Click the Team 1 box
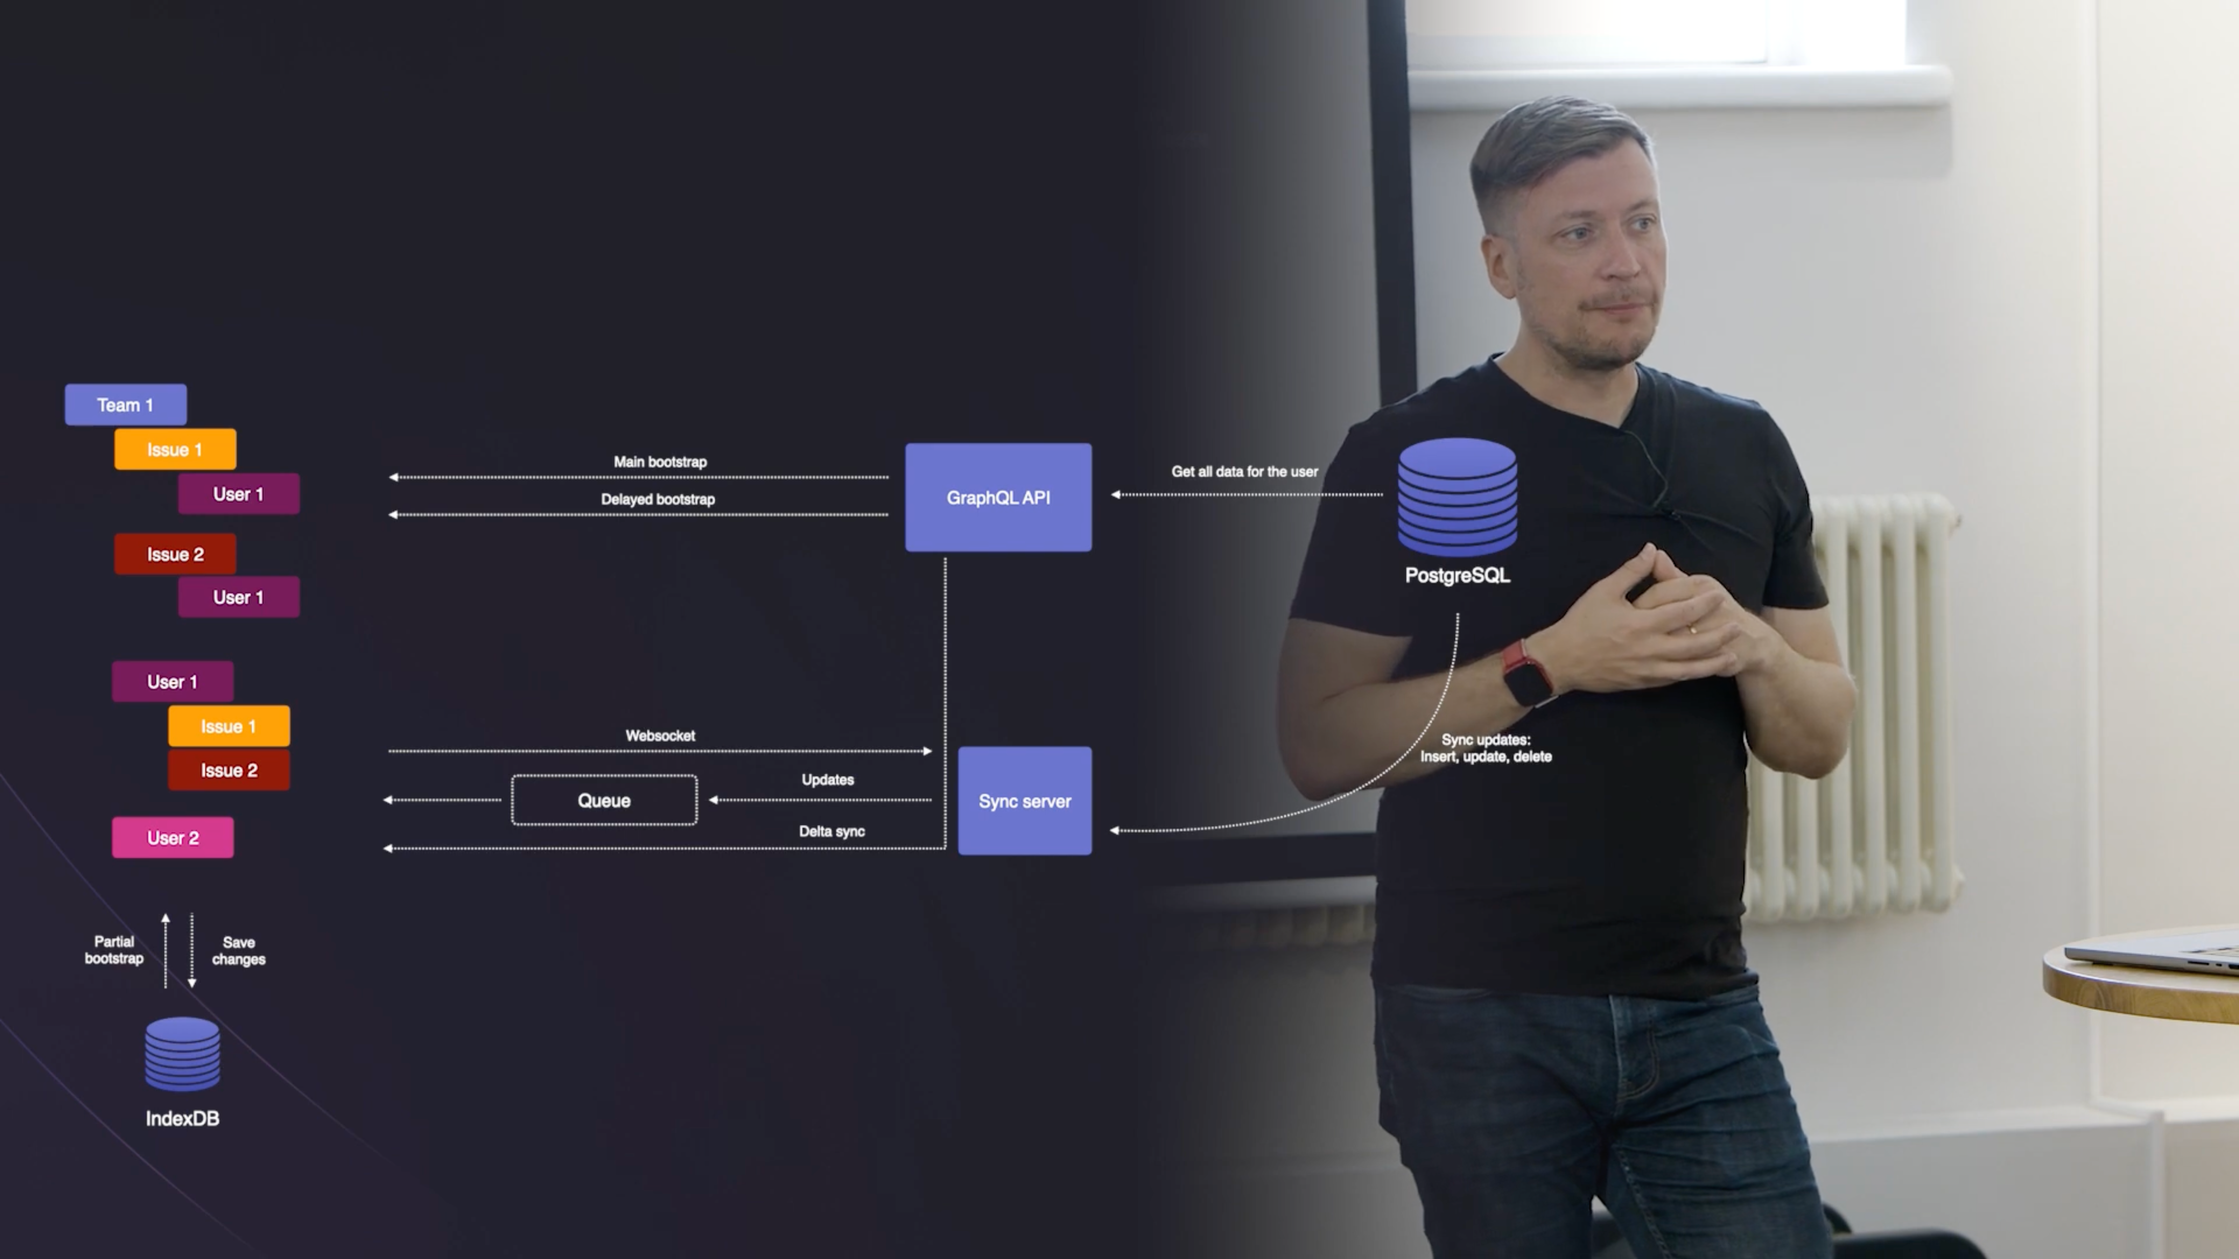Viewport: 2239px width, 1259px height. click(125, 405)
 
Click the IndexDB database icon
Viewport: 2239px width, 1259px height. click(182, 1054)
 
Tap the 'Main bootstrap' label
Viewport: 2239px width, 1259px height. click(660, 461)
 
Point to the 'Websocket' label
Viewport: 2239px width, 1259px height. click(660, 735)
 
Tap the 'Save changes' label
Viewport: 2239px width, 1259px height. click(238, 951)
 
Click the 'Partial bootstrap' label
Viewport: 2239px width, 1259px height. click(114, 950)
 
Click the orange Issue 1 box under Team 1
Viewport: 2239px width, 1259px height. click(175, 449)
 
